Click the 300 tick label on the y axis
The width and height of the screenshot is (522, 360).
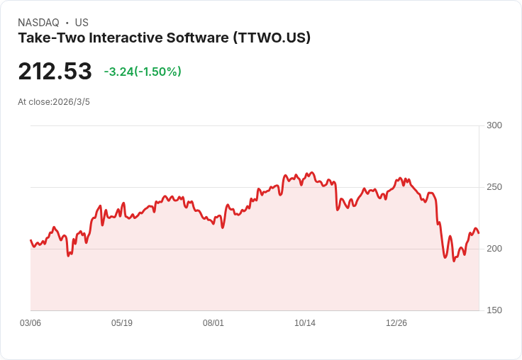(494, 125)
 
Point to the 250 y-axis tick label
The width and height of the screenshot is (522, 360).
(494, 187)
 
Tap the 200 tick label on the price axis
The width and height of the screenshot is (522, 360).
(494, 249)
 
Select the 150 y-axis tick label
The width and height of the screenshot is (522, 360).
(494, 310)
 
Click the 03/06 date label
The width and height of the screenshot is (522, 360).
(30, 323)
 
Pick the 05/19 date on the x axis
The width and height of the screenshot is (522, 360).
(122, 323)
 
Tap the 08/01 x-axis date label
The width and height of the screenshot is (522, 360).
(213, 323)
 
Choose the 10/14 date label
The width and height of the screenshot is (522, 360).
(305, 323)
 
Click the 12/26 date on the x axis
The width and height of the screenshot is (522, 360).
(396, 323)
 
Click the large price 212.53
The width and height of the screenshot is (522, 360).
(55, 71)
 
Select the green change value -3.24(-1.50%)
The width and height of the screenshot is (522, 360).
(143, 72)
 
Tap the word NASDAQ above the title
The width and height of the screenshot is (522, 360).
(38, 23)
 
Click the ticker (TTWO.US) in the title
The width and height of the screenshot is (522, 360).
(272, 38)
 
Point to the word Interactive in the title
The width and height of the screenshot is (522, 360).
(126, 38)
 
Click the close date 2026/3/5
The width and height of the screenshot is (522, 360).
(71, 102)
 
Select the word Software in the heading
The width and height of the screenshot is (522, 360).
(198, 38)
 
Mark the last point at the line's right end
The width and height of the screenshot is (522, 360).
(479, 233)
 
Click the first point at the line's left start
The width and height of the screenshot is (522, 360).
(31, 240)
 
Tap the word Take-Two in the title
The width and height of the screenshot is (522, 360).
(52, 38)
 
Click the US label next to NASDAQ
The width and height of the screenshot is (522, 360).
(82, 23)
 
